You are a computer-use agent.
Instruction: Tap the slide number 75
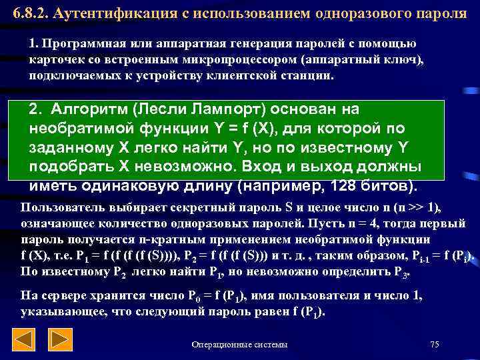435,345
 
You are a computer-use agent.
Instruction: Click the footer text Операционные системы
239,345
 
